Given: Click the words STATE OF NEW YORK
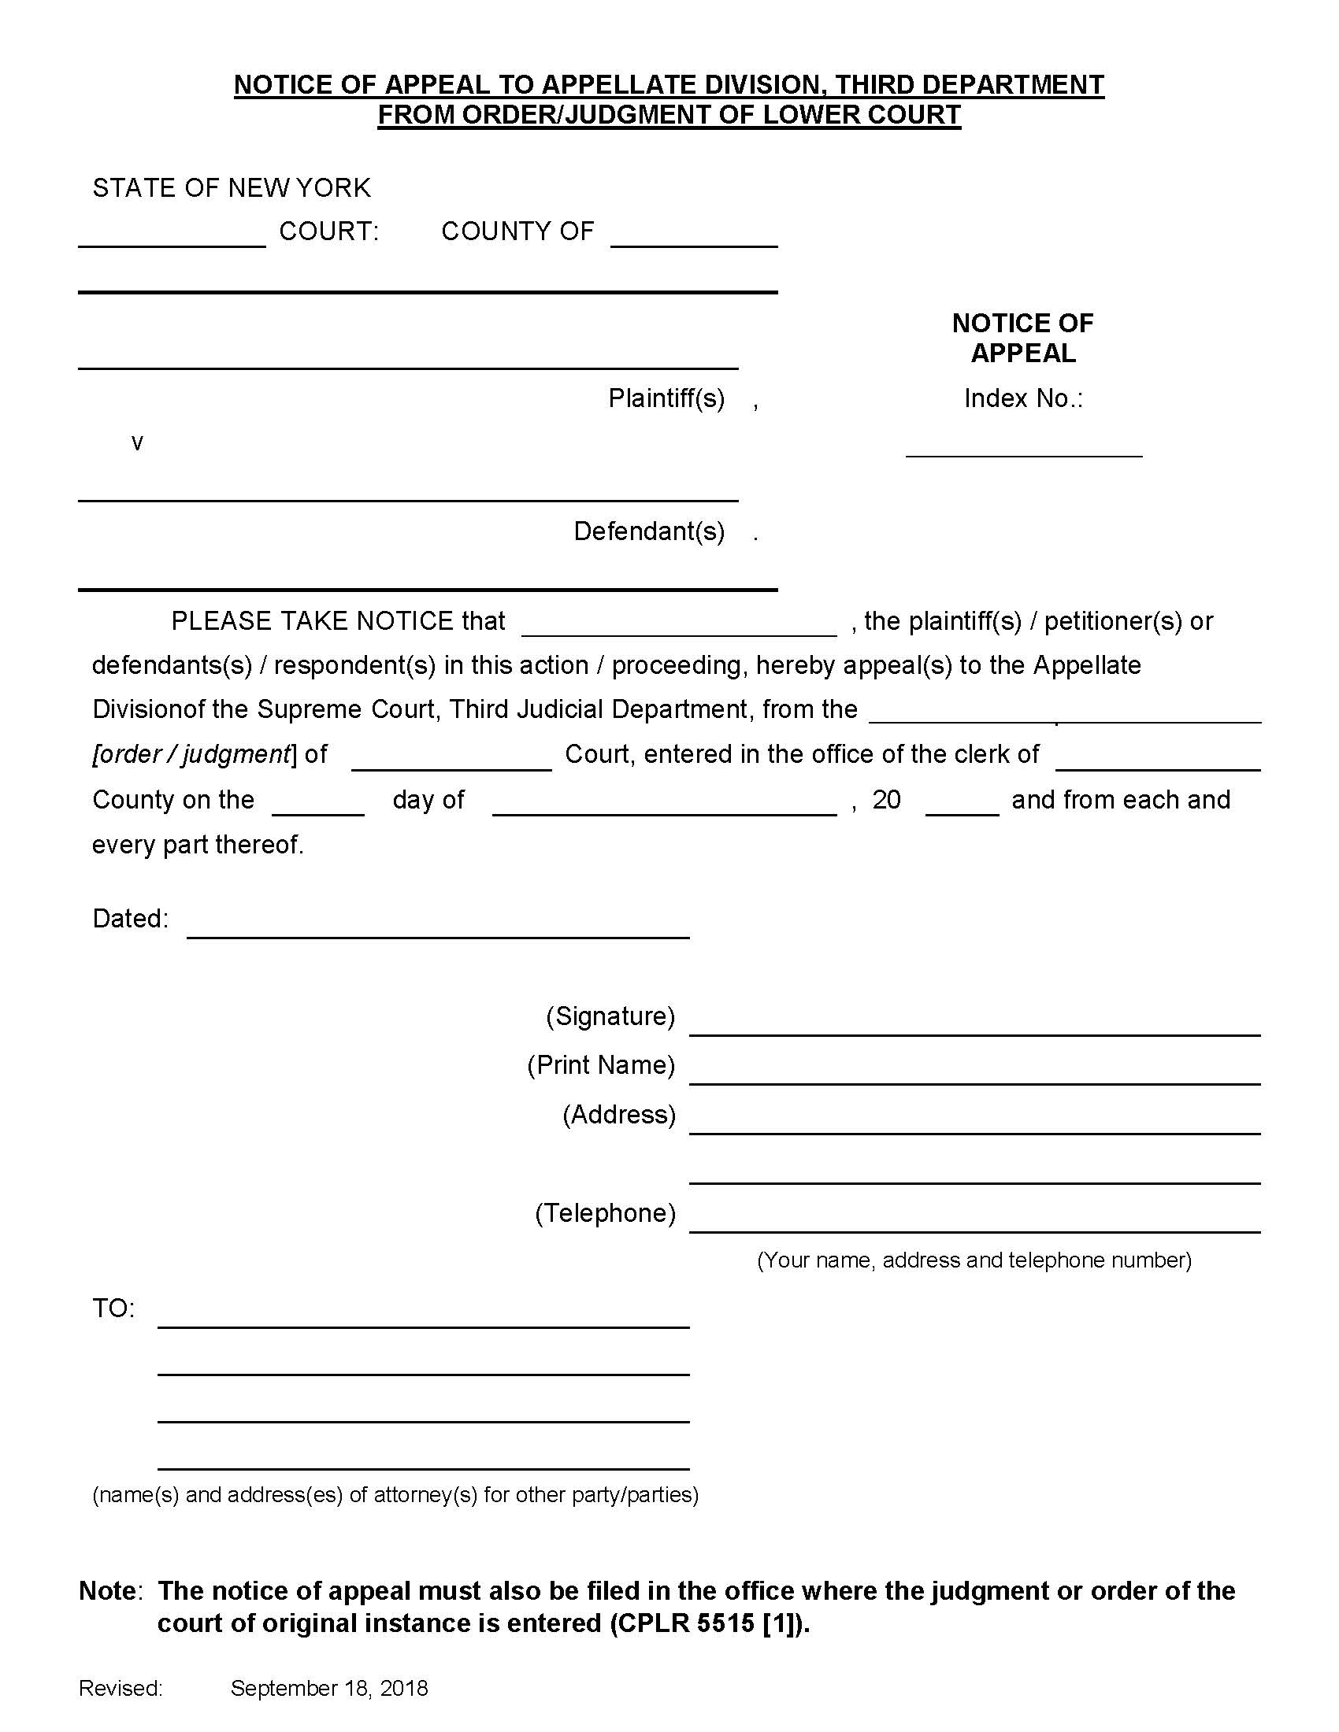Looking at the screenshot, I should coord(231,188).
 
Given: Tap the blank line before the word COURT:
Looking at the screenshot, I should coord(172,239).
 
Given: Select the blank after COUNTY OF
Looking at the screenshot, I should coord(693,239).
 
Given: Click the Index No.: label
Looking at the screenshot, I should coord(1022,398).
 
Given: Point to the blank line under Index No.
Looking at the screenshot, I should coord(1023,450).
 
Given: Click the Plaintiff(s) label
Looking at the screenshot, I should coord(666,398).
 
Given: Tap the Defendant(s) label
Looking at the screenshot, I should coord(649,531).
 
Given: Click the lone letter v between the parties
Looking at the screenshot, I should coord(137,442).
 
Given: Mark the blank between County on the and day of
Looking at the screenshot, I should coord(318,807).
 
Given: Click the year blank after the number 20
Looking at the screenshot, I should coord(962,807).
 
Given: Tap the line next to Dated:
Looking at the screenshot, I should coord(438,931).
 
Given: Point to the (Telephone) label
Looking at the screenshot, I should coord(604,1212).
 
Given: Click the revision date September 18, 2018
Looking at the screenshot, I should coord(329,1689).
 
